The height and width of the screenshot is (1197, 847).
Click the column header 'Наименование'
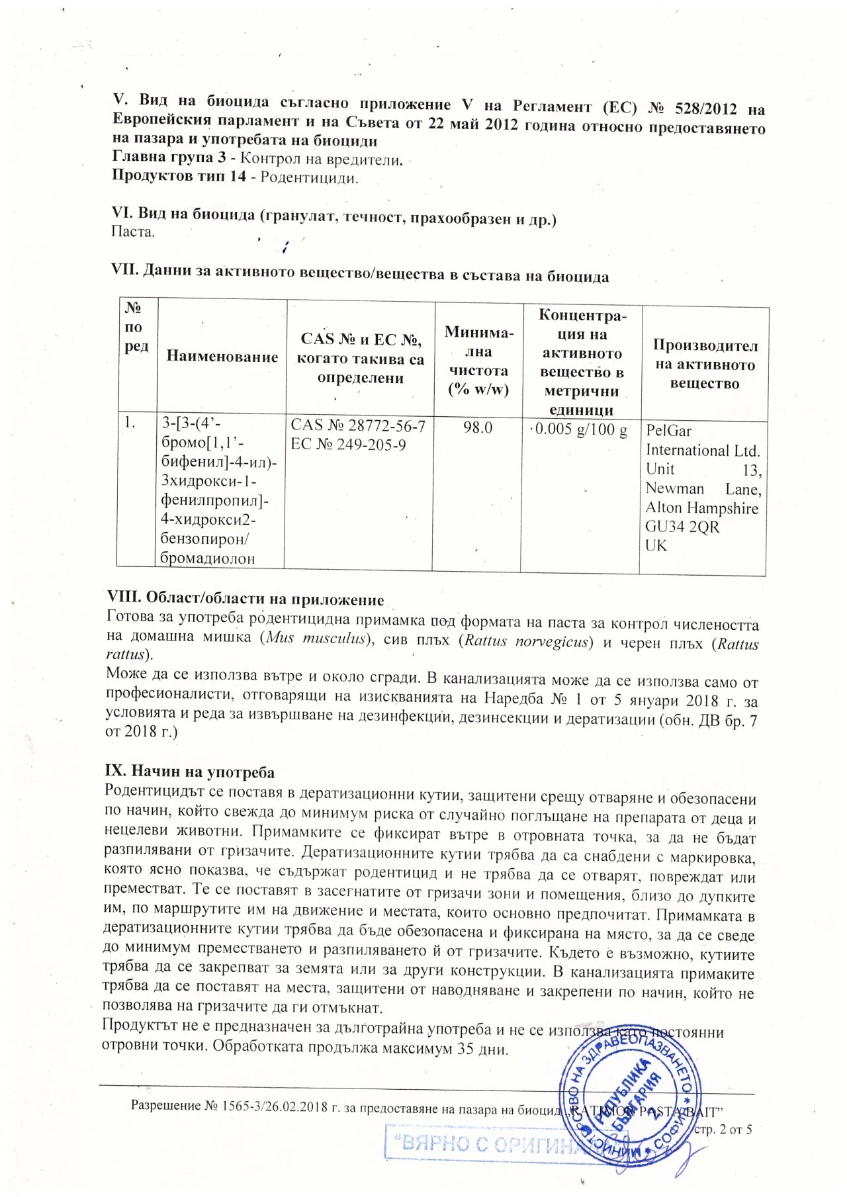[x=222, y=357]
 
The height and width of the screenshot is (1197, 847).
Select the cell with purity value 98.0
[x=478, y=427]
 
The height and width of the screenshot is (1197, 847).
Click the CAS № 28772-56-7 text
[x=358, y=425]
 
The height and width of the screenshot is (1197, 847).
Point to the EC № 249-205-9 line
[x=348, y=444]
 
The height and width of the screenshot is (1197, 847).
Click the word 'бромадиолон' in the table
[x=207, y=558]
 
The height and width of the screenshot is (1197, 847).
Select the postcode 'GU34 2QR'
[x=682, y=527]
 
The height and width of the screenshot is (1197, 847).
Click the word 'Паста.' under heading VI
[x=133, y=232]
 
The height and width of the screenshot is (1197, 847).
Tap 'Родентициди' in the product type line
[x=309, y=177]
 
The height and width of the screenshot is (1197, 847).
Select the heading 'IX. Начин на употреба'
[x=189, y=772]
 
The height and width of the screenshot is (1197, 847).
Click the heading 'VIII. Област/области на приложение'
[x=245, y=599]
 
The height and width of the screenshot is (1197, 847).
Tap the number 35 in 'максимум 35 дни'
[x=466, y=1049]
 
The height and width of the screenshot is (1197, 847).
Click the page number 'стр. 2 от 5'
[x=722, y=1129]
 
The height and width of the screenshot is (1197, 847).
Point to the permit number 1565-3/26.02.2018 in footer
[x=275, y=1106]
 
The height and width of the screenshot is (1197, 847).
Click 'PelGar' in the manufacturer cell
[x=668, y=431]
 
